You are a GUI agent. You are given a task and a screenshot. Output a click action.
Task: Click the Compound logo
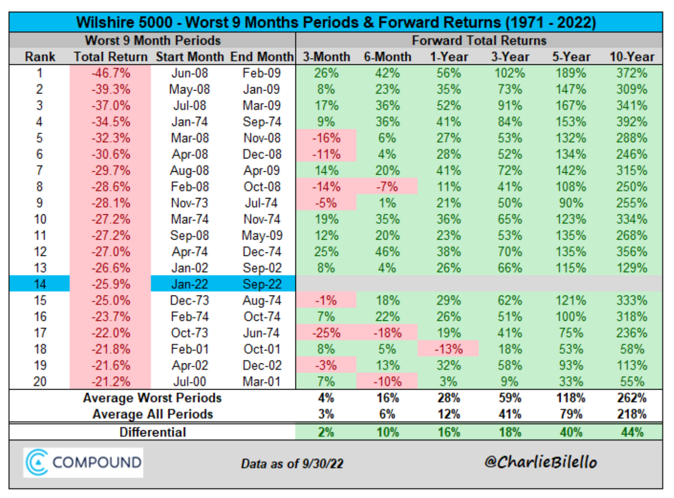pos(83,463)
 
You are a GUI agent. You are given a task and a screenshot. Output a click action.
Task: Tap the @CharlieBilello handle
pos(540,462)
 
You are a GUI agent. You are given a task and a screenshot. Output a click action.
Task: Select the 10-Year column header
pos(631,57)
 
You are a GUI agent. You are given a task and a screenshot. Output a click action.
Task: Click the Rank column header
pos(40,57)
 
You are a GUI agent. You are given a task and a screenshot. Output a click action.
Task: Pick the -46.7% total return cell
pos(110,73)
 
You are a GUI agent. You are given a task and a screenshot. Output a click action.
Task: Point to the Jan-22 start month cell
pos(190,284)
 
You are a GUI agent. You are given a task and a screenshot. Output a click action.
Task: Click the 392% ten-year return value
pos(631,122)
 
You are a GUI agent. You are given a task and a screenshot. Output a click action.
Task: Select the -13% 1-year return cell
pos(448,349)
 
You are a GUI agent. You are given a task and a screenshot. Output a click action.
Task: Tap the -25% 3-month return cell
pos(326,333)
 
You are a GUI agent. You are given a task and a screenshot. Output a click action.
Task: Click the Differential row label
pos(152,432)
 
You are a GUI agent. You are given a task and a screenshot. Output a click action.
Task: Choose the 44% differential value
pos(632,432)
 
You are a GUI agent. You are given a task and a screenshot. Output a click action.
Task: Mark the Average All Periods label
pos(152,414)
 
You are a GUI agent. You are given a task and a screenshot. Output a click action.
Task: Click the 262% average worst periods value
pos(632,398)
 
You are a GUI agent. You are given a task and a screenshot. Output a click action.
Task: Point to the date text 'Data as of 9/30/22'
pos(292,464)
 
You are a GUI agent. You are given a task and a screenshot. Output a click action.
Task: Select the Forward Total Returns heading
pos(479,41)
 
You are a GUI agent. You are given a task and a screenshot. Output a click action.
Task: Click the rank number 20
pos(40,382)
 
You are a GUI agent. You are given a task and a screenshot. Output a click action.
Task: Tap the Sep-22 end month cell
pos(262,284)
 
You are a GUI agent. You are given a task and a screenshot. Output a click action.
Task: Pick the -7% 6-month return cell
pos(387,187)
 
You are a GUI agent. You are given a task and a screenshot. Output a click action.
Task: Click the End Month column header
pos(262,57)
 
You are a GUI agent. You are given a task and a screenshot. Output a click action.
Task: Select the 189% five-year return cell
pos(571,73)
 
